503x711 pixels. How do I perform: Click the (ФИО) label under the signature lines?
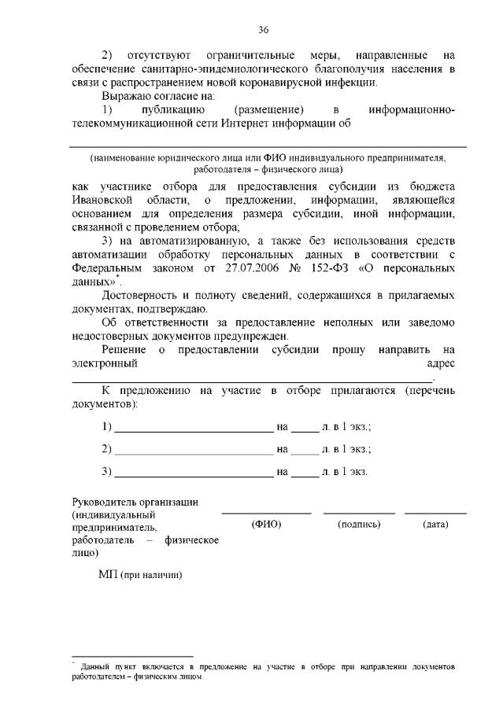point(265,524)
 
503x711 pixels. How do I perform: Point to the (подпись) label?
point(359,524)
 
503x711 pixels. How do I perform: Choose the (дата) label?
point(435,524)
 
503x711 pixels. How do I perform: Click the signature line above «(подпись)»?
point(359,513)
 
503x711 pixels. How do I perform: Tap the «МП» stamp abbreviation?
point(107,574)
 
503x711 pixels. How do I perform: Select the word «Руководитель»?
point(103,501)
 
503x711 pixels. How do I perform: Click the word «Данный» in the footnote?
point(95,667)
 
